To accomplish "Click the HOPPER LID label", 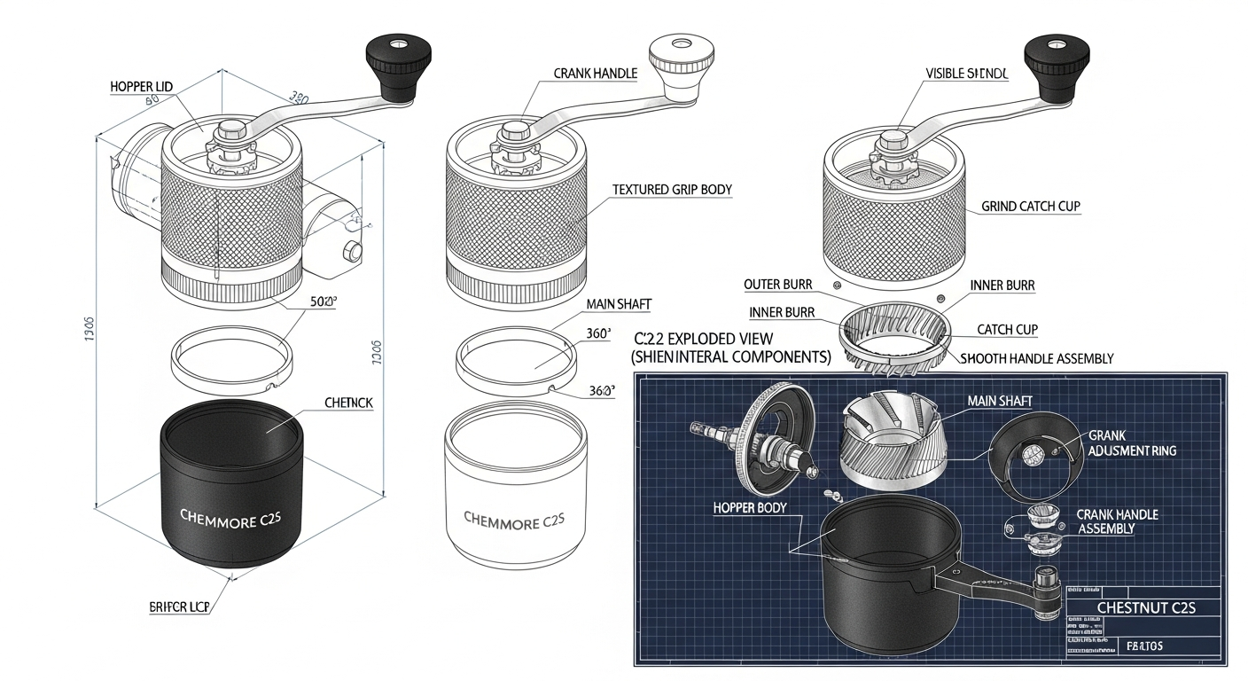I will (x=141, y=86).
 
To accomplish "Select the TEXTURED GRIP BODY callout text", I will (x=672, y=190).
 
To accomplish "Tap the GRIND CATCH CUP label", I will (x=1031, y=207).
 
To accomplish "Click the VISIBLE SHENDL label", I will (x=967, y=74).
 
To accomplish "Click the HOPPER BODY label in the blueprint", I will (x=753, y=508).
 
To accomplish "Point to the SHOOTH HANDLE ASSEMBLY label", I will (x=1037, y=359).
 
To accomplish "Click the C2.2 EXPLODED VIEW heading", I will (x=704, y=339).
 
